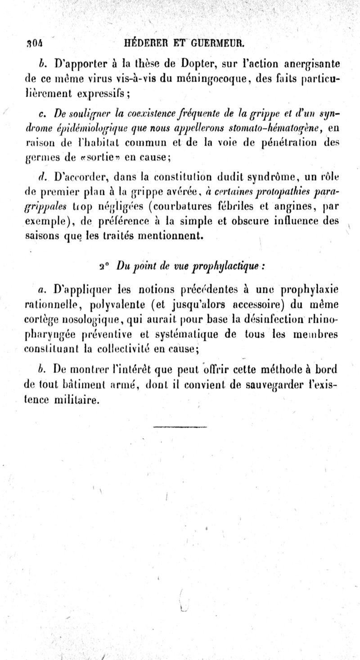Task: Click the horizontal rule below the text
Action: [x=180, y=426]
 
